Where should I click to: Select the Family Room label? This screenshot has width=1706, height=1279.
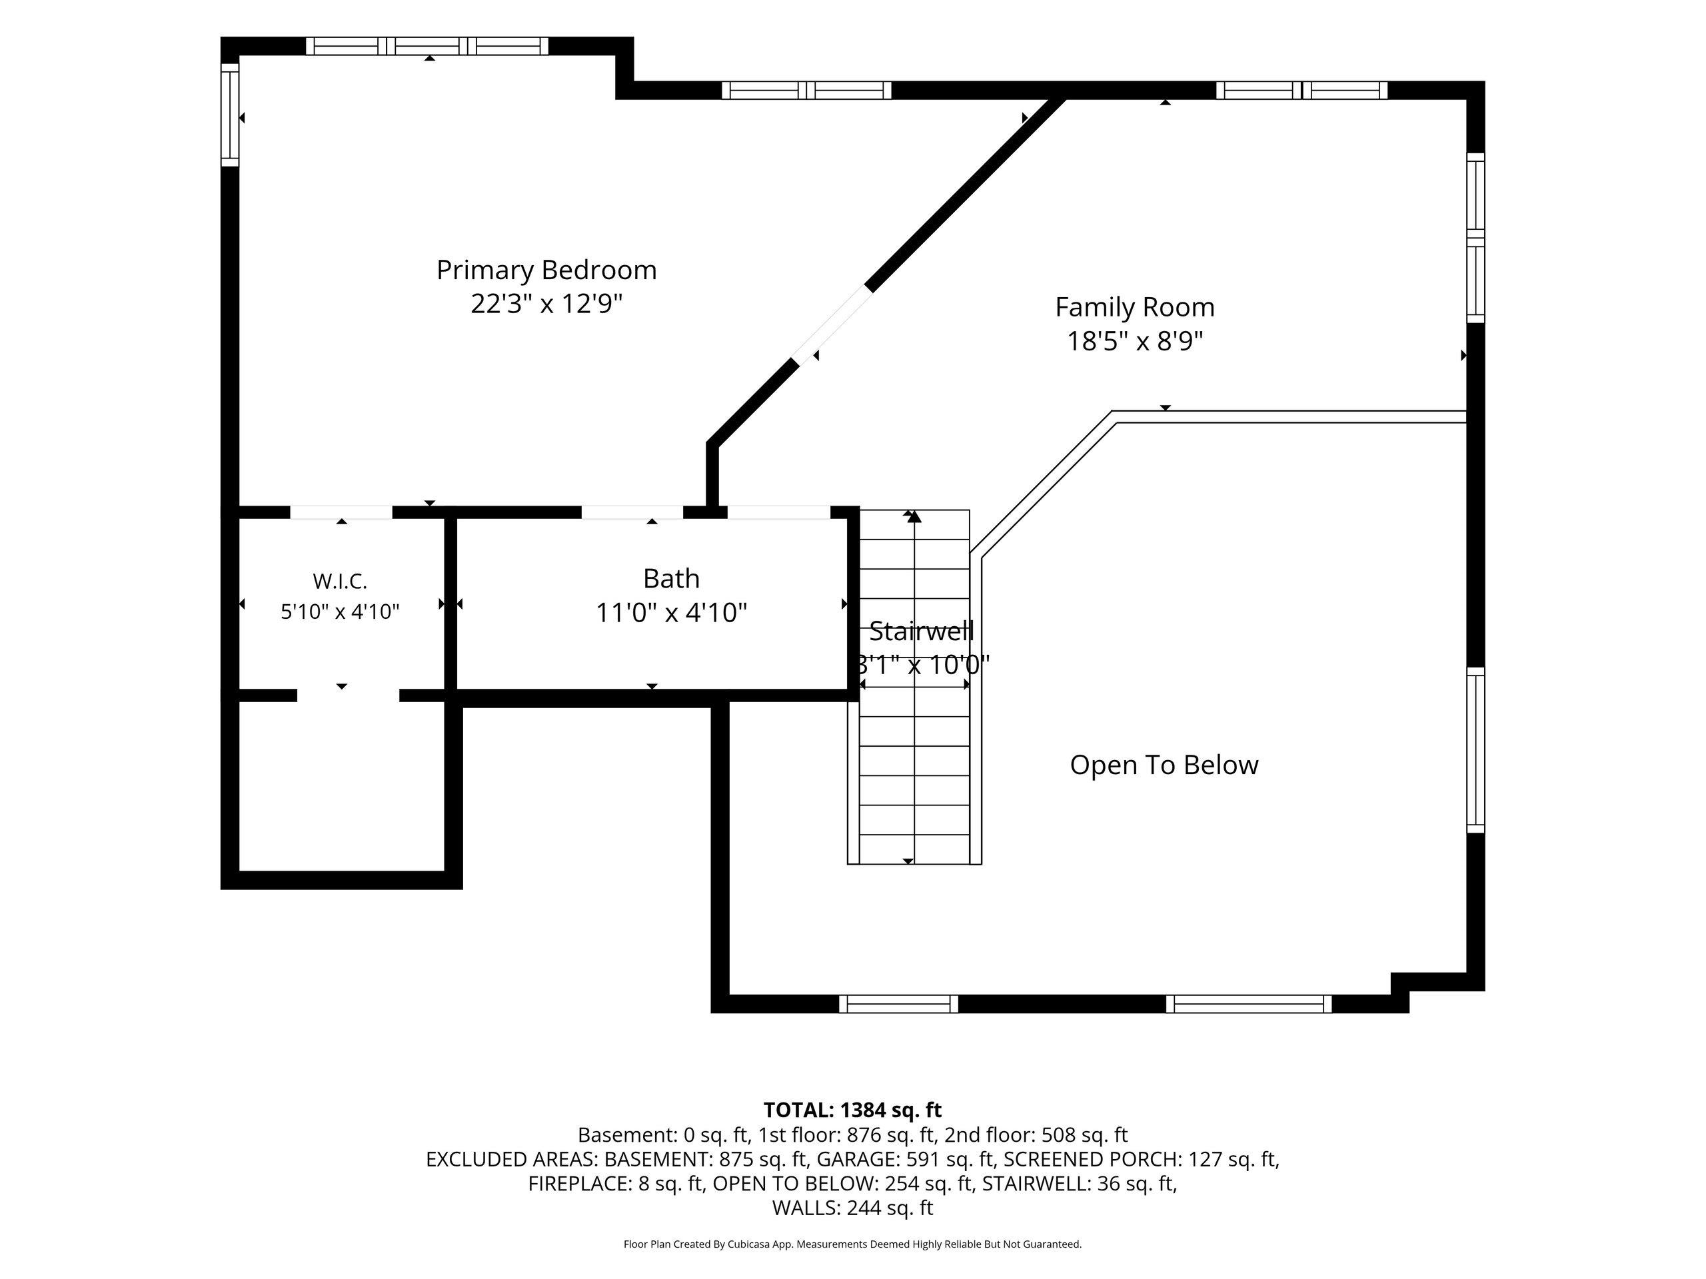(x=1134, y=308)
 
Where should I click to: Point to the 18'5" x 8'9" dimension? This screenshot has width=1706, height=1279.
(x=1134, y=341)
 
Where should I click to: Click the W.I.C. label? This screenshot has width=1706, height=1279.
(x=340, y=580)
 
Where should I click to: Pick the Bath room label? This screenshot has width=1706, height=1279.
(x=671, y=578)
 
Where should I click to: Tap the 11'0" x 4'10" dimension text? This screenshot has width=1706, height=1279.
(x=671, y=613)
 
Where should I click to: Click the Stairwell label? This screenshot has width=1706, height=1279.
(x=922, y=632)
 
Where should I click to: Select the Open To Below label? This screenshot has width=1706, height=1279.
(x=1164, y=765)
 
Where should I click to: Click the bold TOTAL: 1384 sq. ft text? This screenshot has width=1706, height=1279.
(x=852, y=1110)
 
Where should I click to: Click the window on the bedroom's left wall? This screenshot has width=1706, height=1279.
(x=230, y=114)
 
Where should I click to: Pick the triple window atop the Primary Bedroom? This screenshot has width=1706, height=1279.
(x=427, y=46)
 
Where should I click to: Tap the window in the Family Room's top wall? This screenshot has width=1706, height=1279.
(x=1302, y=90)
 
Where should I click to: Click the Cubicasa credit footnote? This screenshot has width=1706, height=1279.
(x=852, y=1244)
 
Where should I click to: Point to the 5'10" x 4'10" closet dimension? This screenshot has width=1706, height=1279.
(x=340, y=612)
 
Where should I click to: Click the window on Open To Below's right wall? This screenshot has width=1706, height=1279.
(x=1475, y=750)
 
